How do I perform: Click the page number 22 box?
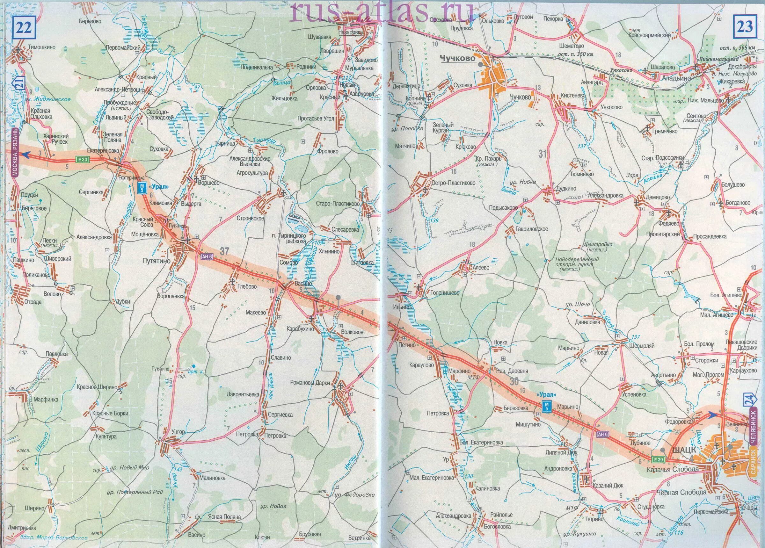(x=24, y=27)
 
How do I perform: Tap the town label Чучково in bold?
(x=458, y=59)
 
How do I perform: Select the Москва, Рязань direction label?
(x=15, y=152)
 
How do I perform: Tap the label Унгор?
(x=178, y=432)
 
